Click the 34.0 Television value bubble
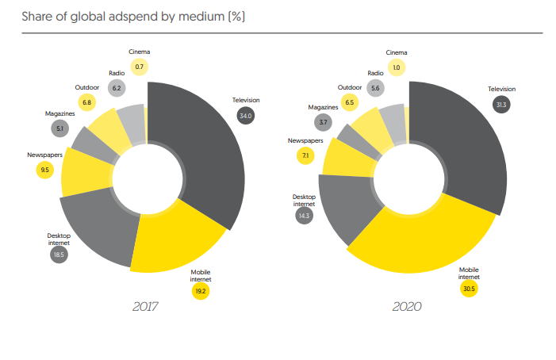245,116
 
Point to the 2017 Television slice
202,143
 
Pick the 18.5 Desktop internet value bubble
59,255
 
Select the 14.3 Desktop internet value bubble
304,216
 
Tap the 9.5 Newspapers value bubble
44,169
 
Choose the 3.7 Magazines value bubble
322,122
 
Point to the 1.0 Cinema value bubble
397,67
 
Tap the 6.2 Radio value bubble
117,88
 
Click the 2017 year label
147,306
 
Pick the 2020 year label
407,306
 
